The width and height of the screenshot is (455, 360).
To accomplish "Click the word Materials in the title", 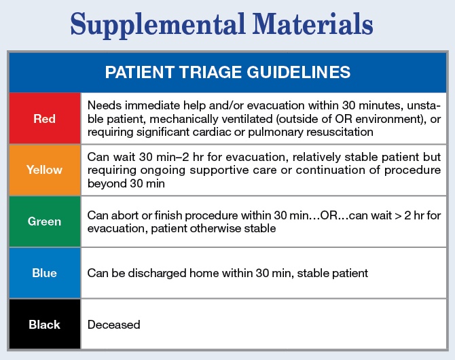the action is pyautogui.click(x=312, y=24).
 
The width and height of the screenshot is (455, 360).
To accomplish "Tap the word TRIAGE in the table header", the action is pyautogui.click(x=210, y=72).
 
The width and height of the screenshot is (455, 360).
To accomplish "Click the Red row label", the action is pyautogui.click(x=44, y=119).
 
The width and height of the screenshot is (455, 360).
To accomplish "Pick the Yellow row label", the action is pyautogui.click(x=44, y=170).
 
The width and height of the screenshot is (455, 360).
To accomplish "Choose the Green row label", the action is pyautogui.click(x=44, y=221).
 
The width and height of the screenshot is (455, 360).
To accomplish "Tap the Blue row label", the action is pyautogui.click(x=44, y=273).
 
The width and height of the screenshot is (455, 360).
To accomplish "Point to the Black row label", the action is pyautogui.click(x=44, y=325).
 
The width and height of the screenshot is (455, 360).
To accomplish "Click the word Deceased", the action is pyautogui.click(x=114, y=325).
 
